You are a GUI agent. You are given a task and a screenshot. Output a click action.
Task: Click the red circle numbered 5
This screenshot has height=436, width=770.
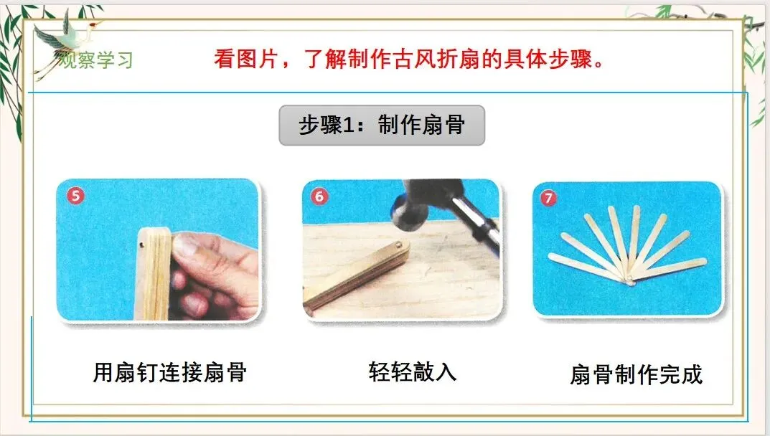pyautogui.click(x=75, y=196)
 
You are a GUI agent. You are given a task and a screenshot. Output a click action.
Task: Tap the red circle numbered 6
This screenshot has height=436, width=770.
pyautogui.click(x=319, y=196)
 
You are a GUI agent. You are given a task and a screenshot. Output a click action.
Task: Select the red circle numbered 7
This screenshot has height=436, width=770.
pyautogui.click(x=548, y=199)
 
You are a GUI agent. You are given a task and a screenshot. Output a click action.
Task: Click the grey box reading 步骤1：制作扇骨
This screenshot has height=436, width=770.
pyautogui.click(x=382, y=125)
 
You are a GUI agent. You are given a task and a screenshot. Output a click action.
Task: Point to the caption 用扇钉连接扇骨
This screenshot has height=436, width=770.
pyautogui.click(x=170, y=372)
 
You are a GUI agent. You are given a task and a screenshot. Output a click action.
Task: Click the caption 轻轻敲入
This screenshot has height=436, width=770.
pyautogui.click(x=413, y=371)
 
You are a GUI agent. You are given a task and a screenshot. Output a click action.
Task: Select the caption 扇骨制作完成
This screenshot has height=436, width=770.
pyautogui.click(x=637, y=374)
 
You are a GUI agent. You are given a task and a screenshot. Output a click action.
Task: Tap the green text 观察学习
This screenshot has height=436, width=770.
pyautogui.click(x=96, y=60)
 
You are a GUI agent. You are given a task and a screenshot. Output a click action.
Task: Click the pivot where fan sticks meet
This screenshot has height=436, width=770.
pyautogui.click(x=629, y=280)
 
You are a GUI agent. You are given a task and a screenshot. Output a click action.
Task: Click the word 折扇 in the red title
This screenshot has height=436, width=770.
pyautogui.click(x=458, y=60)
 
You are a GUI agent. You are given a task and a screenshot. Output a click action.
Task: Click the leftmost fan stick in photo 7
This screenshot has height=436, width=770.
pyautogui.click(x=586, y=267)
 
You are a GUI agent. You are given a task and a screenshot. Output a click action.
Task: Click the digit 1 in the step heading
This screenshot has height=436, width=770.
pyautogui.click(x=348, y=125)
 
